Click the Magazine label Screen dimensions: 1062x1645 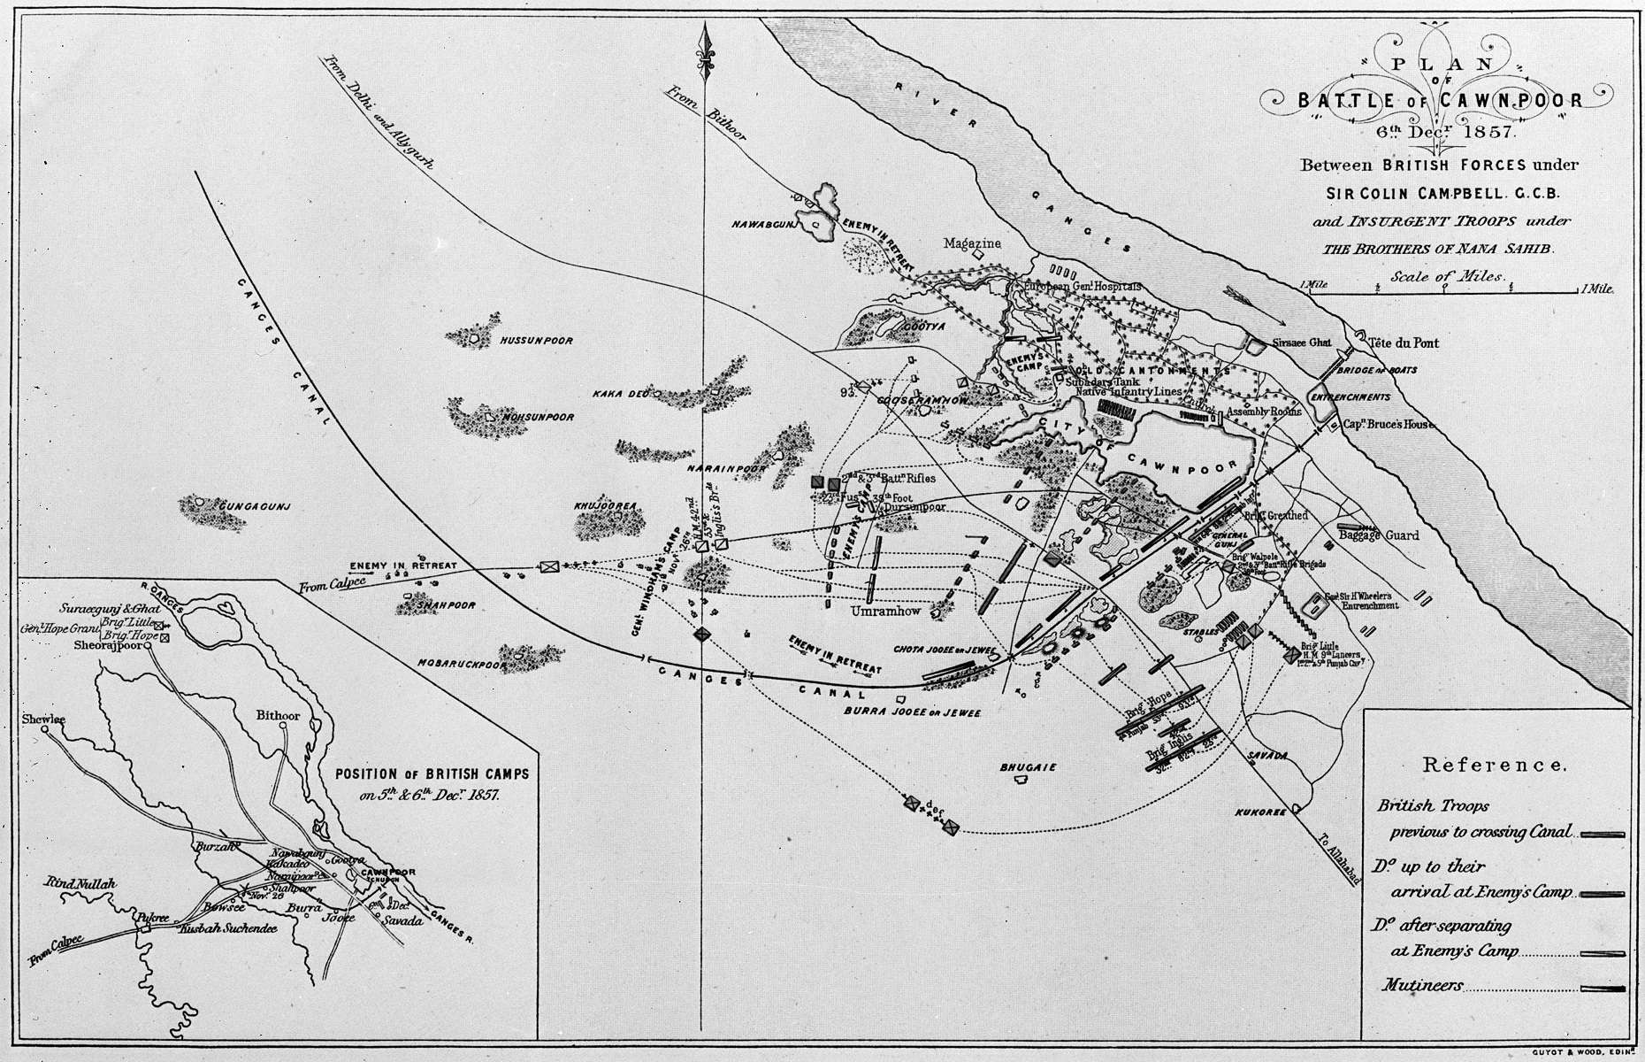pyautogui.click(x=971, y=243)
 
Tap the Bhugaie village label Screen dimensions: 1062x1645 pyautogui.click(x=1028, y=768)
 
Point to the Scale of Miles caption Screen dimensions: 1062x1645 pyautogui.click(x=1447, y=276)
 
